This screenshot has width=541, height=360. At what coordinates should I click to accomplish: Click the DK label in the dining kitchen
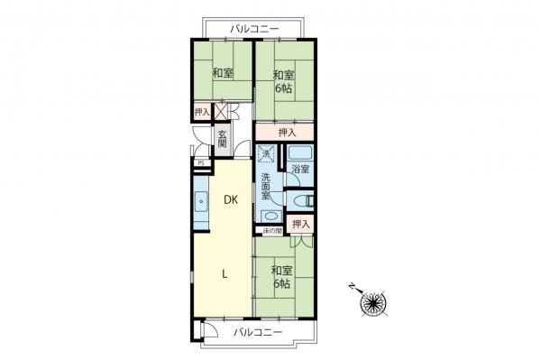point(230,200)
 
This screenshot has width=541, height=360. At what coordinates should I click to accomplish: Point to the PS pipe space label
point(200,164)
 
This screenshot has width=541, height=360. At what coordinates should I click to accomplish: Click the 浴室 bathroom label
point(300,169)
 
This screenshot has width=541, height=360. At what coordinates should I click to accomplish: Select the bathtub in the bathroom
point(300,153)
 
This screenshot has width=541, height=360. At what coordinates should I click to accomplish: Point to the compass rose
point(373,302)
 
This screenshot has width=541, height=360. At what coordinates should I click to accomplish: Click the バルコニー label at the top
point(256,30)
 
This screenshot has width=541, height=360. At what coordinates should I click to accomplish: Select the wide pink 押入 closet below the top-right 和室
point(286,133)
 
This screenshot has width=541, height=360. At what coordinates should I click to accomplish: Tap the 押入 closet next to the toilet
point(300,224)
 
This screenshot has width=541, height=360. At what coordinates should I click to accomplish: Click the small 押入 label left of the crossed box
point(202,112)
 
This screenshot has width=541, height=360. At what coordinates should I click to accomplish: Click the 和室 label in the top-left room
point(223,75)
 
